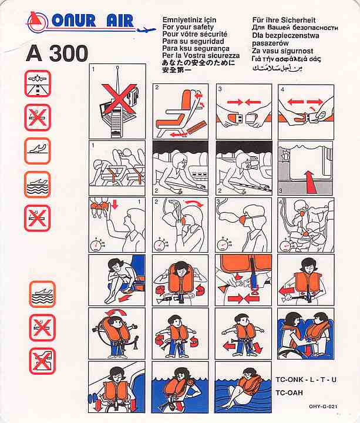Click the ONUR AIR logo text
tap(92, 21)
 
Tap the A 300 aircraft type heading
tap(57, 53)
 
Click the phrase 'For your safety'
tap(188, 27)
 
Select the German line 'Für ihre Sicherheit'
tap(284, 20)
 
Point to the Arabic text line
tap(277, 68)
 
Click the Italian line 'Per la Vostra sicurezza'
tap(201, 56)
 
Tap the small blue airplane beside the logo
tap(146, 30)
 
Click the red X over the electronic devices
tap(119, 98)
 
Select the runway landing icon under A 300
tap(38, 83)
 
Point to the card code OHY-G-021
tap(323, 407)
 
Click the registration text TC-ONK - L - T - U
tap(306, 380)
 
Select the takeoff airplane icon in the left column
tap(38, 151)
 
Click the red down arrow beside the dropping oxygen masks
tap(115, 204)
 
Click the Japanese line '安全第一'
tap(177, 70)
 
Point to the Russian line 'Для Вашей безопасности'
tap(295, 28)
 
